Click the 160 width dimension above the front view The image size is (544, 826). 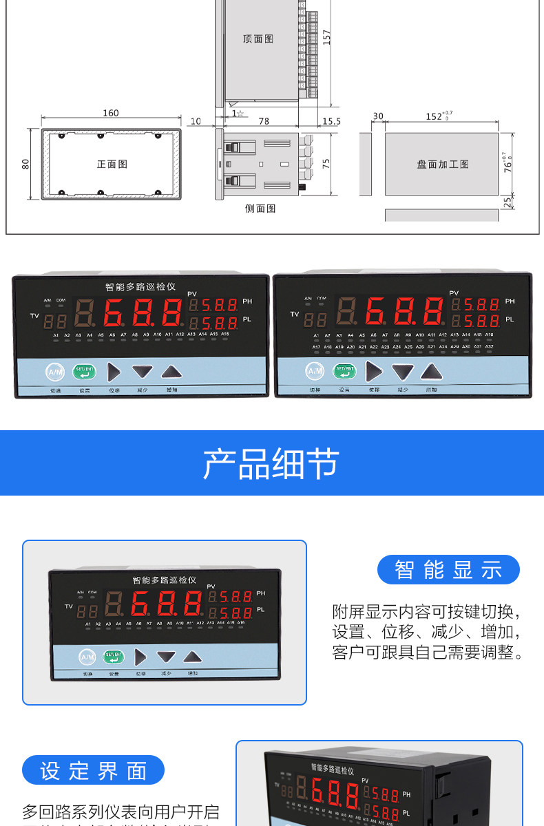110,113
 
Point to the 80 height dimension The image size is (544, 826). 25,164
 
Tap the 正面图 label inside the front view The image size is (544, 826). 112,165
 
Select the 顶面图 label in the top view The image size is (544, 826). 258,39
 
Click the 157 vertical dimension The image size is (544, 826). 327,37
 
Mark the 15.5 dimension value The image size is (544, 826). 331,121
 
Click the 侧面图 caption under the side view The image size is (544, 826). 260,208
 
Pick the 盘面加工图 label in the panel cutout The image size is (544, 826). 443,165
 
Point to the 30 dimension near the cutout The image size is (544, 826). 377,116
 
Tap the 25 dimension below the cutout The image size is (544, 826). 508,202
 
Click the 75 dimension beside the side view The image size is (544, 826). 326,163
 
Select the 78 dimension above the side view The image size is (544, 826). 264,121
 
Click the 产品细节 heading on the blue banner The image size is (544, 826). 271,463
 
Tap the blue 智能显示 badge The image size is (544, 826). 448,570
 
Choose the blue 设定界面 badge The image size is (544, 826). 93,770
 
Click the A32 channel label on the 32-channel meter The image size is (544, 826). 489,346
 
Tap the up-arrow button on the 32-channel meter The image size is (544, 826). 432,372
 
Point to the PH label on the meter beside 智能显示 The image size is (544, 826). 260,593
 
